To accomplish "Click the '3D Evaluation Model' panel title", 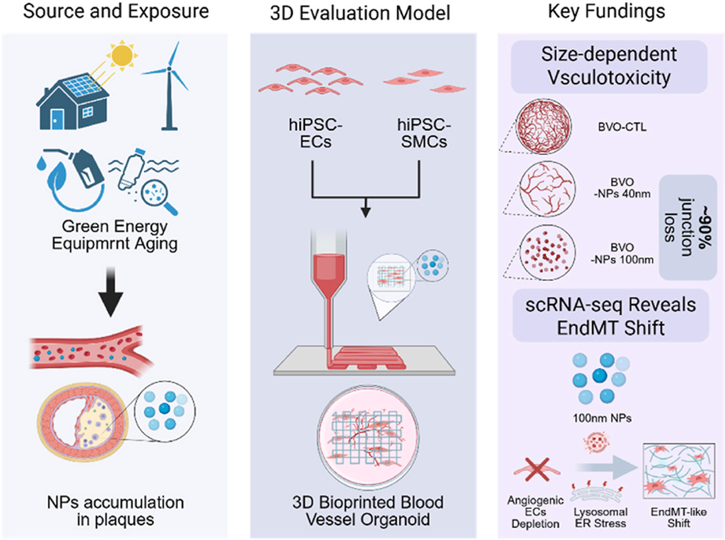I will (362, 12).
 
